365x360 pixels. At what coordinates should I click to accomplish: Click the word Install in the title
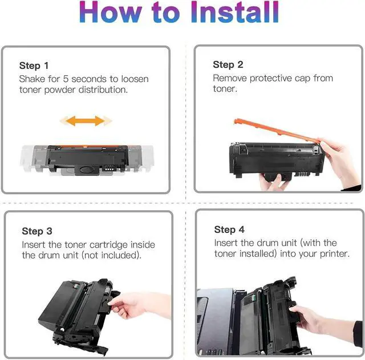point(235,11)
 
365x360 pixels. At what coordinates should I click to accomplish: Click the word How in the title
point(111,11)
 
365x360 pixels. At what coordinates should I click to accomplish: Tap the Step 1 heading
point(34,66)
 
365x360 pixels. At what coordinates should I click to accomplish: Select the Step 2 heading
point(228,64)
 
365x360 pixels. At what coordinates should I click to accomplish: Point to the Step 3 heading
point(37,231)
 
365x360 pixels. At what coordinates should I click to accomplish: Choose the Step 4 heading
point(229,230)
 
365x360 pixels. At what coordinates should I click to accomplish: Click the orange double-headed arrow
point(86,121)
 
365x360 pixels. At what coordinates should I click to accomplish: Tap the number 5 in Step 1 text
point(66,79)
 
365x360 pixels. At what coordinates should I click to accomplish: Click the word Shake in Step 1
point(32,79)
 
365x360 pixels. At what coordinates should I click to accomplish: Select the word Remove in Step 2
point(230,78)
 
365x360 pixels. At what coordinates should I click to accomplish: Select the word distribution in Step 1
point(103,90)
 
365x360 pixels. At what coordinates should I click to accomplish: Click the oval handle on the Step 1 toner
point(86,169)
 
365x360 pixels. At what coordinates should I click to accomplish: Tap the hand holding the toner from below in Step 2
point(275,182)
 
